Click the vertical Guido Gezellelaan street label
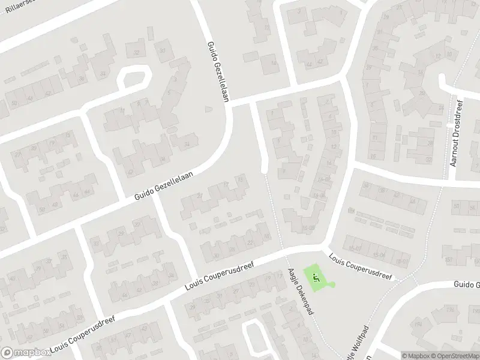(x=218, y=72)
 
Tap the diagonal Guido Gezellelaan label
(x=163, y=184)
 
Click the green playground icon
(x=316, y=277)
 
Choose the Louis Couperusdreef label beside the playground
(x=360, y=266)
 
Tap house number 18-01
(x=400, y=262)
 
